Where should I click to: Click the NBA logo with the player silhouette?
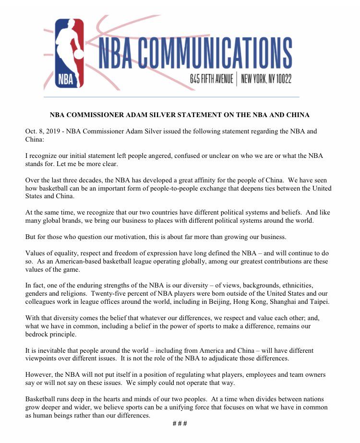coord(68,53)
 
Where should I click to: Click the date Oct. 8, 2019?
coord(44,132)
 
